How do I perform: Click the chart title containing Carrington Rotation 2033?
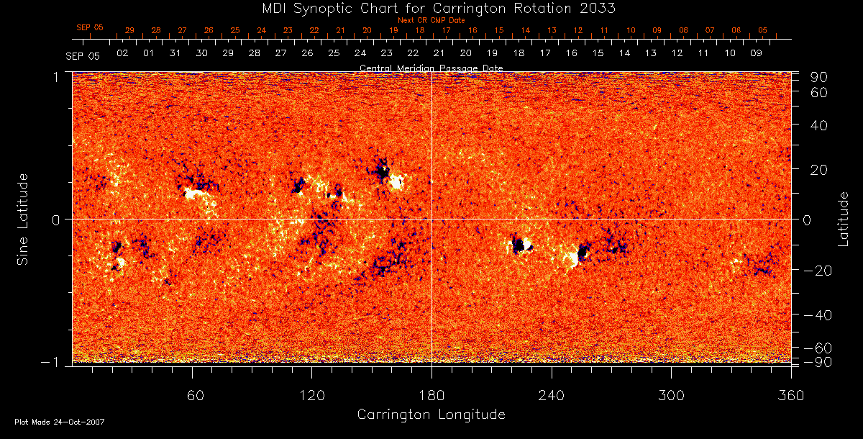pyautogui.click(x=431, y=8)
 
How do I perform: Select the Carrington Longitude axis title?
pyautogui.click(x=431, y=415)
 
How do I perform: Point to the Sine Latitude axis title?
pyautogui.click(x=23, y=219)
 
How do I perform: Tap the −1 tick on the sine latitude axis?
pyautogui.click(x=55, y=362)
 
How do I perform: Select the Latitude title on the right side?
pyautogui.click(x=843, y=219)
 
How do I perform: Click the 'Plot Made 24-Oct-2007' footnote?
pyautogui.click(x=60, y=422)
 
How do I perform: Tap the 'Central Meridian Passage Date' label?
pyautogui.click(x=431, y=68)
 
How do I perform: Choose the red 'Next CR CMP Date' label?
pyautogui.click(x=431, y=20)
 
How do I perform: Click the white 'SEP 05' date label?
pyautogui.click(x=83, y=55)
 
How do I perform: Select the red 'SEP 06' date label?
pyautogui.click(x=90, y=27)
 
